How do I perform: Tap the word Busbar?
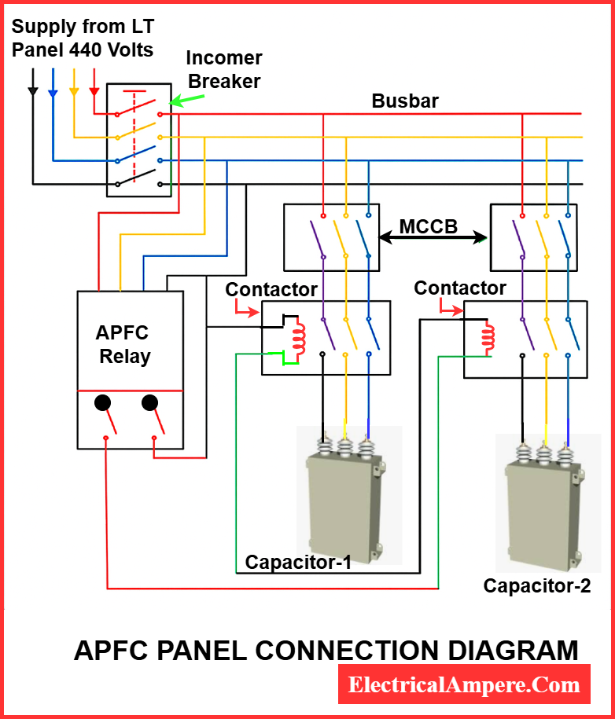point(405,101)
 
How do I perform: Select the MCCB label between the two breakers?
point(429,227)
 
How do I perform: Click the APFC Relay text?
point(124,344)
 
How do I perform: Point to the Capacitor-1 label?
point(298,563)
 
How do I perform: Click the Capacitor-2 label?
point(536,585)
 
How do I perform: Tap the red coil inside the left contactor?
point(298,336)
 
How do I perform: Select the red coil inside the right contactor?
point(487,336)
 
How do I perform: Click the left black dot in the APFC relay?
point(102,403)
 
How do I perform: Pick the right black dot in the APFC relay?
point(149,403)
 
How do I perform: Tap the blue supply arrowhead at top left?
point(53,93)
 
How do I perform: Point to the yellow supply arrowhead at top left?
point(74,91)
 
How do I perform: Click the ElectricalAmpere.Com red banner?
point(464,684)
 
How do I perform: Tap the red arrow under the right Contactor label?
point(449,310)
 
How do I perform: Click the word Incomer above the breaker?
point(223,58)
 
